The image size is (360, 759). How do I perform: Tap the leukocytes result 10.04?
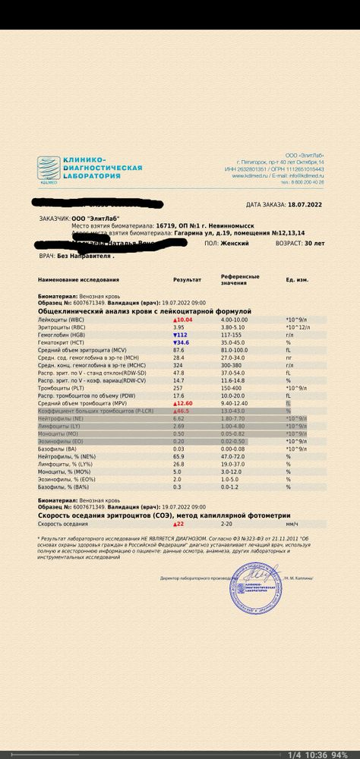click(x=185, y=320)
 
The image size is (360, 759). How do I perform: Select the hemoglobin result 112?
click(x=182, y=335)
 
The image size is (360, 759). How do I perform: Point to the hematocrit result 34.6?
click(x=182, y=342)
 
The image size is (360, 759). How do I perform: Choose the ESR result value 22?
click(x=180, y=524)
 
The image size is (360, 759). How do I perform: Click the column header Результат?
click(x=188, y=280)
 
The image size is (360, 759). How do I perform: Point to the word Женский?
click(x=235, y=244)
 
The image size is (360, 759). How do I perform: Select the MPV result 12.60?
click(x=185, y=402)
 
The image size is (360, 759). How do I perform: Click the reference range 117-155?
click(x=232, y=335)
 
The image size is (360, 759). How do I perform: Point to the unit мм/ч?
click(x=292, y=524)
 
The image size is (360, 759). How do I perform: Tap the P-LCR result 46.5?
click(x=183, y=410)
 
